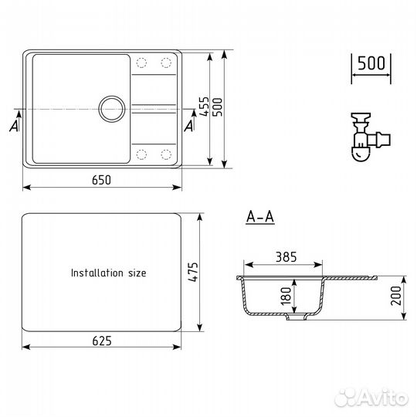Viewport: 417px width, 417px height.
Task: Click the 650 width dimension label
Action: click(101, 180)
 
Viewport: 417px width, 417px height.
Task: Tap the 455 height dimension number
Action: click(204, 107)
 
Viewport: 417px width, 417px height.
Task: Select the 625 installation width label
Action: click(102, 341)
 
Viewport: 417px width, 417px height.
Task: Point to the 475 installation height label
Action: click(193, 272)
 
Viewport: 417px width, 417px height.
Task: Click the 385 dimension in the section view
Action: click(286, 257)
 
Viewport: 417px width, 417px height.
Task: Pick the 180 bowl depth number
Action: click(286, 296)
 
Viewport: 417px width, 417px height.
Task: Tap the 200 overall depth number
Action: click(395, 296)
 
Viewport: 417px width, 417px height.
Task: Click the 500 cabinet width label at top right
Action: click(371, 63)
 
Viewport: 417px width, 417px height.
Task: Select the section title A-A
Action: click(260, 217)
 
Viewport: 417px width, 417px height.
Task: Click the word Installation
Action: click(97, 273)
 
